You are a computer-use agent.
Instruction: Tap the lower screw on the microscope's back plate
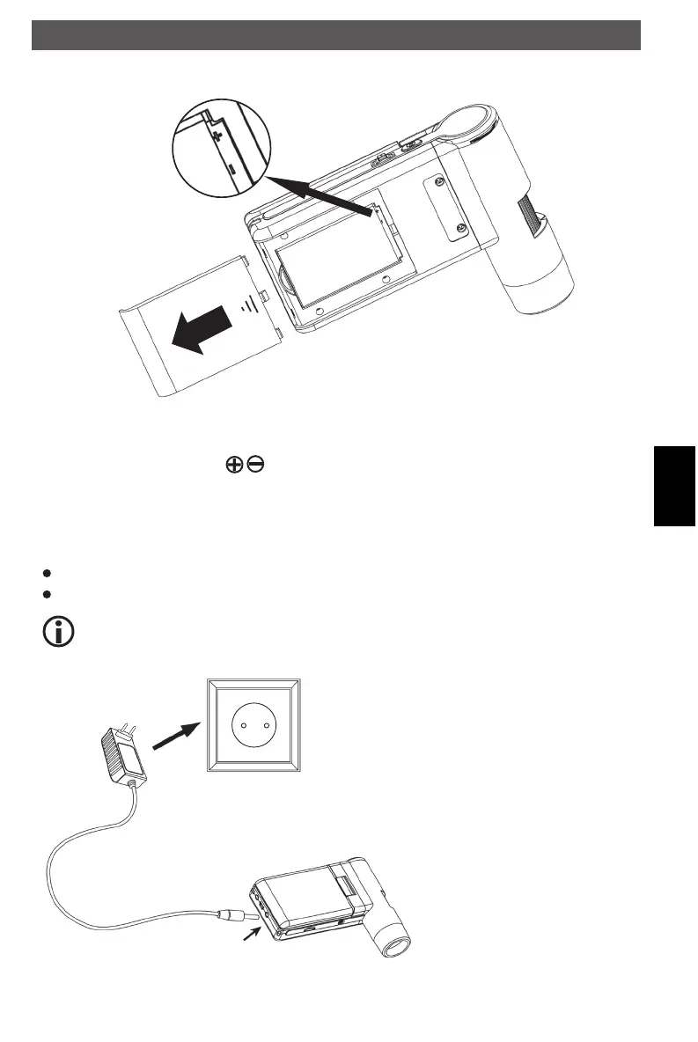[462, 231]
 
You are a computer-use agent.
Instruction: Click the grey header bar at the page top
[335, 36]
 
